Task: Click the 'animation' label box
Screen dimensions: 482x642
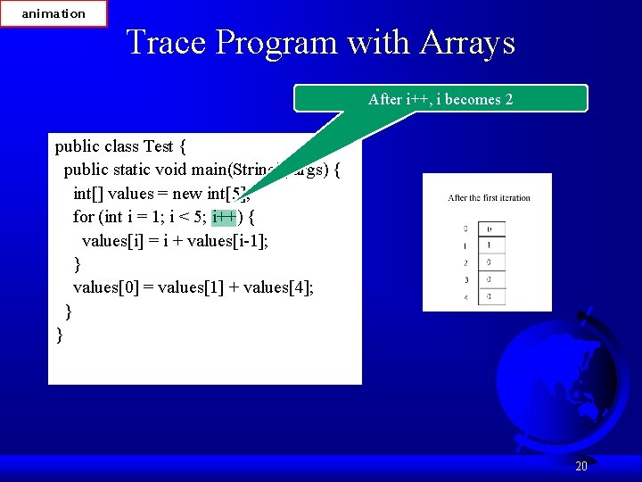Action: click(x=53, y=13)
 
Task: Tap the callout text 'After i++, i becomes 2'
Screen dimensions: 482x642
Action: click(x=440, y=99)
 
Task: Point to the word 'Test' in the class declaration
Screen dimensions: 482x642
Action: click(x=158, y=146)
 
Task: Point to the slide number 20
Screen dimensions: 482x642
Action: click(x=581, y=466)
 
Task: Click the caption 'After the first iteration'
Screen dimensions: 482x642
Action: click(x=489, y=198)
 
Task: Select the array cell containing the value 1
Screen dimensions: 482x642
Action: click(x=490, y=245)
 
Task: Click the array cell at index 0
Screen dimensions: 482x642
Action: click(x=490, y=229)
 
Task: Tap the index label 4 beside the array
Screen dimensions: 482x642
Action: click(x=465, y=297)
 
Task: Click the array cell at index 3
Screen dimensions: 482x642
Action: click(x=490, y=280)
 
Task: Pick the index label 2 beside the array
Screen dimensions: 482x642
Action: click(x=465, y=263)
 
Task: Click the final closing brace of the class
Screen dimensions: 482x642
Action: click(x=59, y=334)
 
